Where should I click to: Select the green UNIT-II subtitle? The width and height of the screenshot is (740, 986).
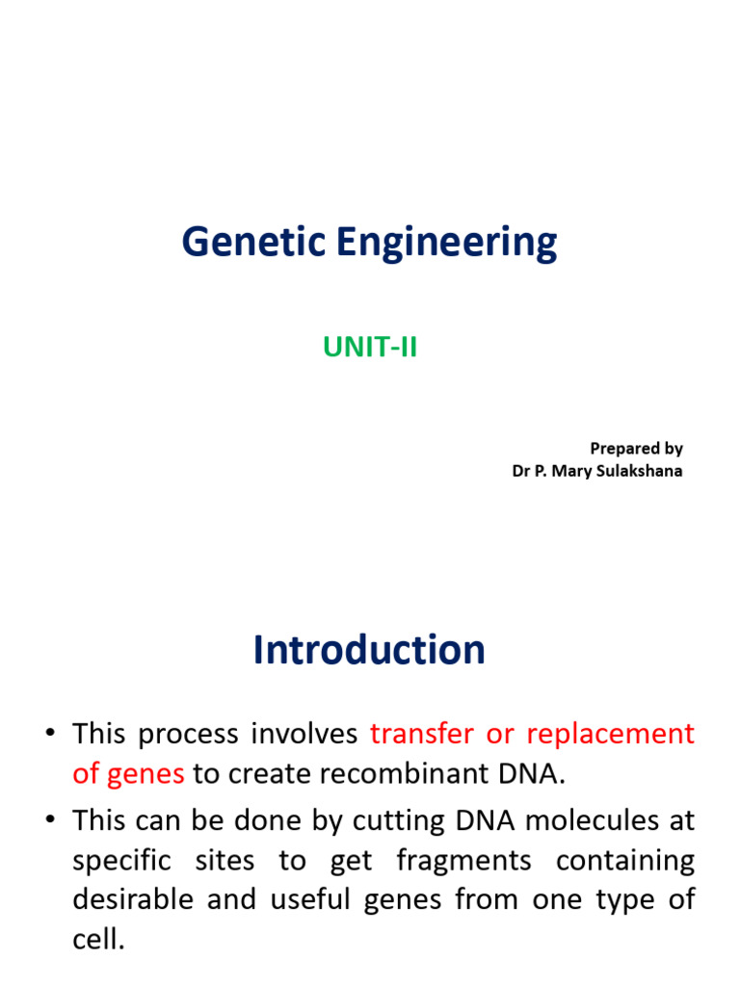370,347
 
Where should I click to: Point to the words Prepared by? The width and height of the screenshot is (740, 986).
636,448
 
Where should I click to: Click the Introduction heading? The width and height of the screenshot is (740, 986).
369,651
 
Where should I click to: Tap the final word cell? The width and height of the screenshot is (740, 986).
98,940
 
